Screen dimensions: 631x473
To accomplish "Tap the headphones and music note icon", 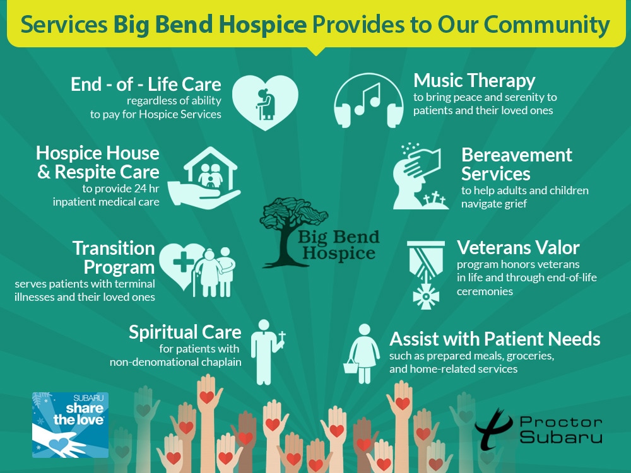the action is pos(369,100).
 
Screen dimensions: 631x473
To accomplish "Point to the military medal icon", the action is pos(426,275).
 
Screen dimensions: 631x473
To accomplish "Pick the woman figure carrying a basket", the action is pos(361,354).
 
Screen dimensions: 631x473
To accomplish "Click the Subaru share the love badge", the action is pos(71,425).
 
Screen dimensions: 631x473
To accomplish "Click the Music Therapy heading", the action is pos(474,81).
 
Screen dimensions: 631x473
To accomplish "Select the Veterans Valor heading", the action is pos(518,248).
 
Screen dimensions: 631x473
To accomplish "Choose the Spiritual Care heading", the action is pos(185,332).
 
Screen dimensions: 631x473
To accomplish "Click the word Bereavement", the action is pos(517,155).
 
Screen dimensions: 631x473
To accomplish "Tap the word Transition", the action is pos(114,248).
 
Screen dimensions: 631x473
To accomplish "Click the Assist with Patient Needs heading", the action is pos(495,339).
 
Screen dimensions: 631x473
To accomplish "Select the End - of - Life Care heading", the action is pos(146,85).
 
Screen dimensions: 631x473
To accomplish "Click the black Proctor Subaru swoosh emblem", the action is pos(493,429).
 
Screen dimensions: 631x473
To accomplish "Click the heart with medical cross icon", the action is pos(182,264).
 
